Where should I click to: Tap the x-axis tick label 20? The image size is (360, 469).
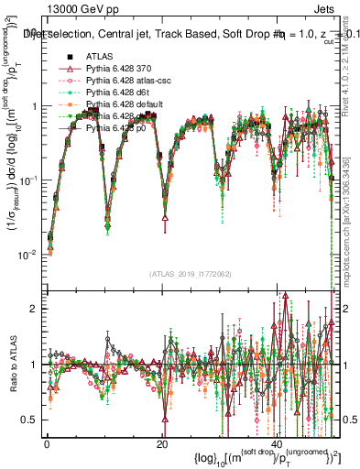(x=162, y=442)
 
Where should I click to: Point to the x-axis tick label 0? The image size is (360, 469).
(x=47, y=442)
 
